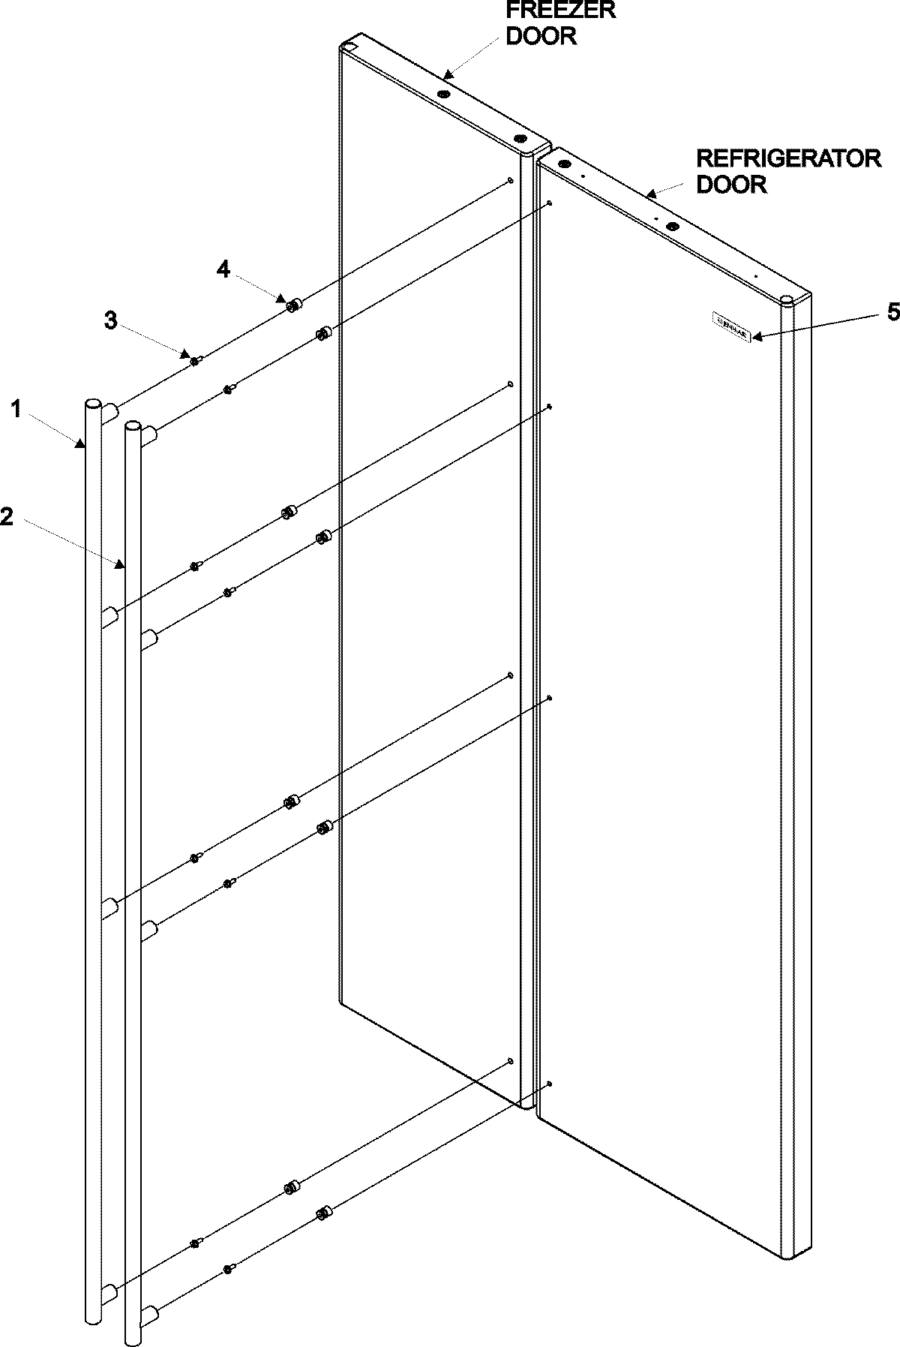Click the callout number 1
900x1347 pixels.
(x=16, y=410)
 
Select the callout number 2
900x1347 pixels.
(x=7, y=517)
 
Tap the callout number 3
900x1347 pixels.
(x=110, y=320)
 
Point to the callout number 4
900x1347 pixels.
(x=223, y=269)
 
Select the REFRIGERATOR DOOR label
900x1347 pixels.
(x=788, y=171)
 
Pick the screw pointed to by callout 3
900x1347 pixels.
(x=194, y=361)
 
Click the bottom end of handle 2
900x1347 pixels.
(x=133, y=1336)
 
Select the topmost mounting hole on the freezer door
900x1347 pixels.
(x=510, y=180)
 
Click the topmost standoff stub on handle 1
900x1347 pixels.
(x=109, y=412)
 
